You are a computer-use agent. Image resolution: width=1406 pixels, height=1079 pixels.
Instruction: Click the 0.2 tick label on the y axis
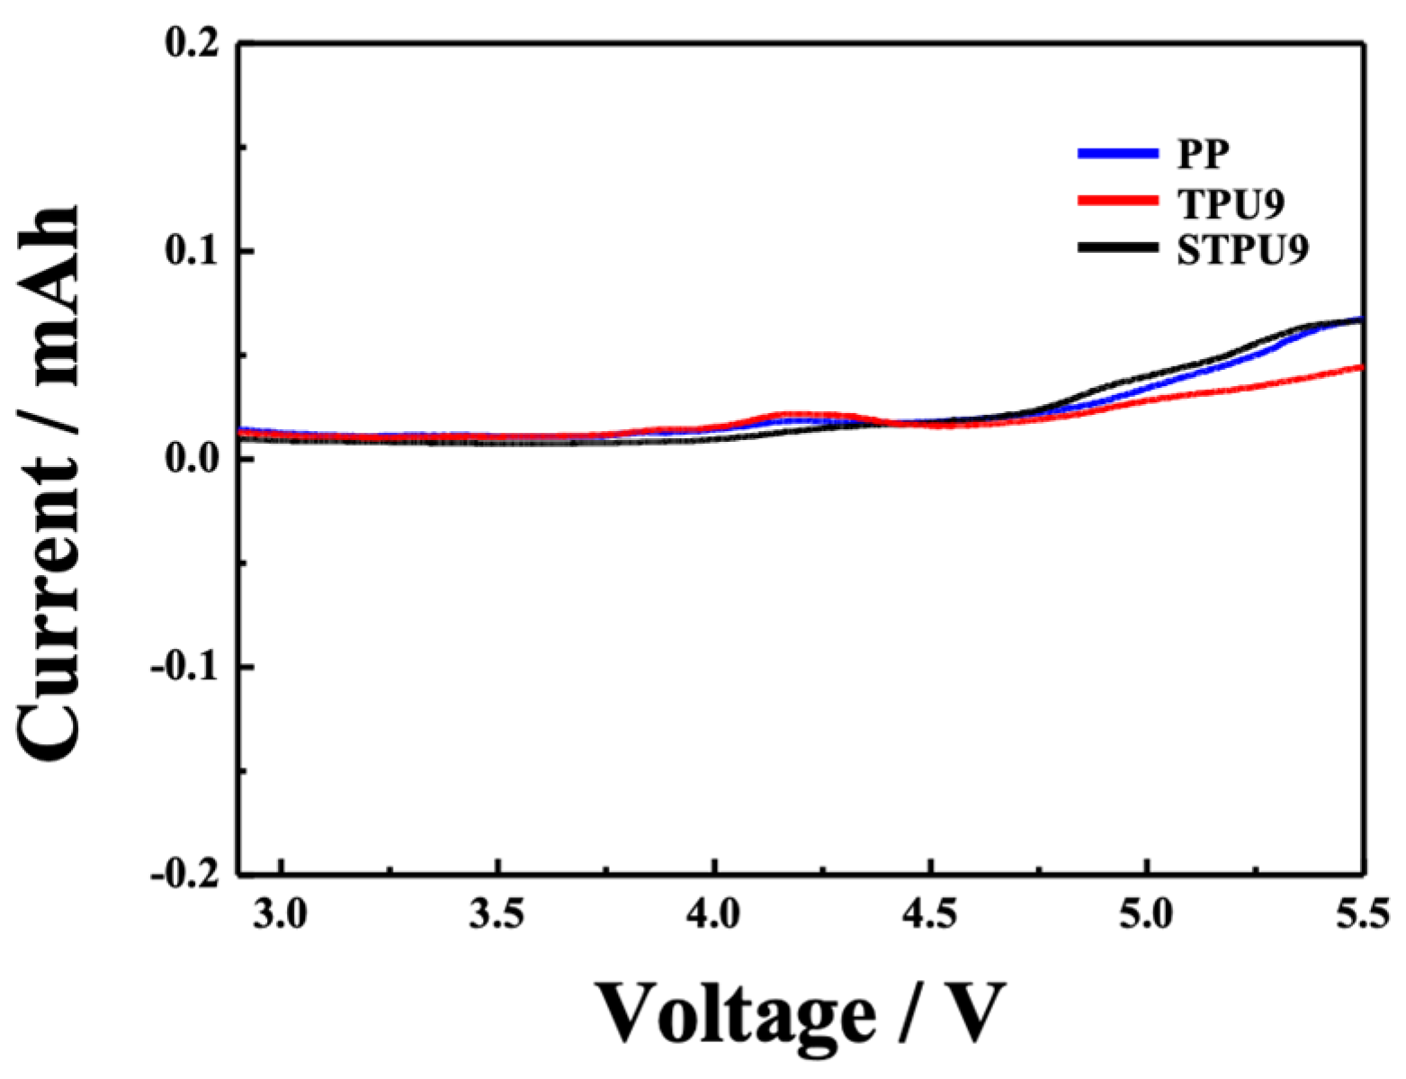pyautogui.click(x=193, y=43)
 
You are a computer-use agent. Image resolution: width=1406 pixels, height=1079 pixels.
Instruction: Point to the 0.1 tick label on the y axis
pyautogui.click(x=193, y=251)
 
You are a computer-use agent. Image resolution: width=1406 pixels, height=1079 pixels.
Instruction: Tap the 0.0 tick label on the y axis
pyautogui.click(x=193, y=459)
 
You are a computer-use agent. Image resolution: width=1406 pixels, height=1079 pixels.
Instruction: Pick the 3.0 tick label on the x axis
pyautogui.click(x=282, y=916)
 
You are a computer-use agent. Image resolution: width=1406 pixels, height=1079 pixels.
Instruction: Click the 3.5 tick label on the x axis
pyautogui.click(x=497, y=916)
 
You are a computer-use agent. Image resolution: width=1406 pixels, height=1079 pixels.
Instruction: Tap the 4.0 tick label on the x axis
pyautogui.click(x=714, y=916)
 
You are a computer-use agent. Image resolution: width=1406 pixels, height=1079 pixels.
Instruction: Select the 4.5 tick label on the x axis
pyautogui.click(x=931, y=916)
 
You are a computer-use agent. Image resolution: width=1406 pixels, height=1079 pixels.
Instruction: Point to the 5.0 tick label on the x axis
pyautogui.click(x=1147, y=916)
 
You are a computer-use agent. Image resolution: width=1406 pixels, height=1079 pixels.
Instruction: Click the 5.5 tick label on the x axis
pyautogui.click(x=1363, y=916)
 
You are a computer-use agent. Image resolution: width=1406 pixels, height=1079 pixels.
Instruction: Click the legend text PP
pyautogui.click(x=1204, y=155)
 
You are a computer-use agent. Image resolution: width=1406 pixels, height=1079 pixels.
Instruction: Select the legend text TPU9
pyautogui.click(x=1231, y=204)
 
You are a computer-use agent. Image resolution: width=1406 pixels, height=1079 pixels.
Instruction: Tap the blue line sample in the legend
pyautogui.click(x=1117, y=154)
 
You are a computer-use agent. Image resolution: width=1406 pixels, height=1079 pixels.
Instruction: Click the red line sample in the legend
pyautogui.click(x=1117, y=201)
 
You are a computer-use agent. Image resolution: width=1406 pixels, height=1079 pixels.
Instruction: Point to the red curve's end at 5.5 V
pyautogui.click(x=1361, y=367)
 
